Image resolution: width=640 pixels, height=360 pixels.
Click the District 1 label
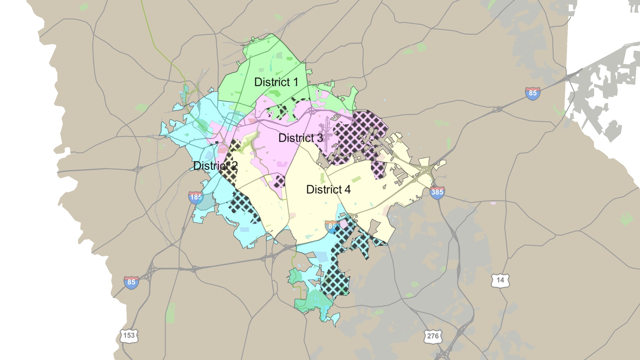276,82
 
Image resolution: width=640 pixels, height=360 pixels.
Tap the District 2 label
215,166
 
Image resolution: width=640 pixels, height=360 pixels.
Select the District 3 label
300,138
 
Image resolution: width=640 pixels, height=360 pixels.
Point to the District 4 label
328,189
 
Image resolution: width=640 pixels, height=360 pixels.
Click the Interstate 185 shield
196,197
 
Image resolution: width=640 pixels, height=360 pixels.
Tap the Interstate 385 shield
437,192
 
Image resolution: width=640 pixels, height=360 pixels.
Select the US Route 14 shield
500,280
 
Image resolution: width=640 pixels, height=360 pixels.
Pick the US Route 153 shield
129,336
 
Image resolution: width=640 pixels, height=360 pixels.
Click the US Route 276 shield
433,336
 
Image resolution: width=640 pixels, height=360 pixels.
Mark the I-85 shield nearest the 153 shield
131,282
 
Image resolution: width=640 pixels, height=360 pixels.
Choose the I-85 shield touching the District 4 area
331,226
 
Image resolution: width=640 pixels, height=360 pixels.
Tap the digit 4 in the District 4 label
347,189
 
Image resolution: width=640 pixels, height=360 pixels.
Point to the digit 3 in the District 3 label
320,138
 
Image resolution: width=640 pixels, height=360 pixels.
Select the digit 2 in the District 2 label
234,166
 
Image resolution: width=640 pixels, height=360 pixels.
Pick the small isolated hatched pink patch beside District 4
279,181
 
